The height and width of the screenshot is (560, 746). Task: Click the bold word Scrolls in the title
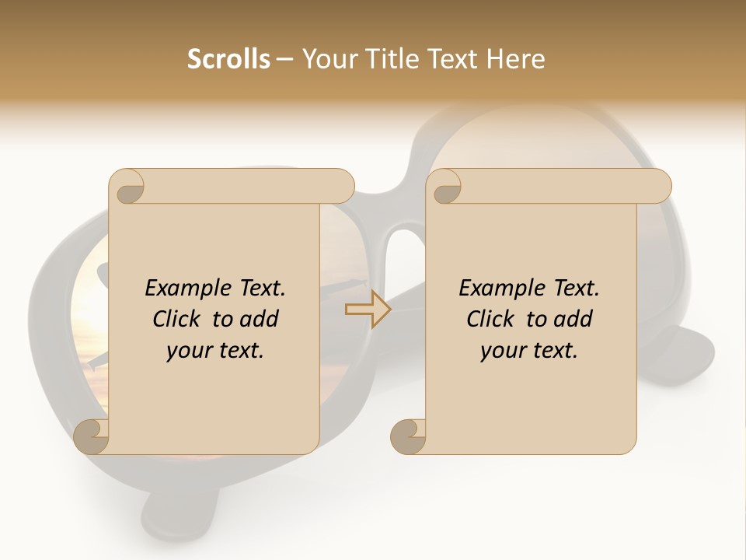click(x=228, y=59)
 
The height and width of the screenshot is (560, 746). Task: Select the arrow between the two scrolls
click(x=368, y=309)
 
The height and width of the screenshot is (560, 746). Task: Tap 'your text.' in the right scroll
click(x=529, y=350)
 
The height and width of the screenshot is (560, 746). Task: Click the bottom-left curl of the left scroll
click(x=92, y=437)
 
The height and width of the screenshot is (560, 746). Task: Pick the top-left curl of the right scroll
click(x=446, y=187)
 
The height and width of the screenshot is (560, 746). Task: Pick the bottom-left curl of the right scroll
click(x=409, y=437)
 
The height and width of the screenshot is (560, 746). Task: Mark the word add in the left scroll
click(x=259, y=319)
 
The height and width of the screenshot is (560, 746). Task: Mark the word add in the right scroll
click(x=573, y=319)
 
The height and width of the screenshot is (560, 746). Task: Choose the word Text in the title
click(x=454, y=59)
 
